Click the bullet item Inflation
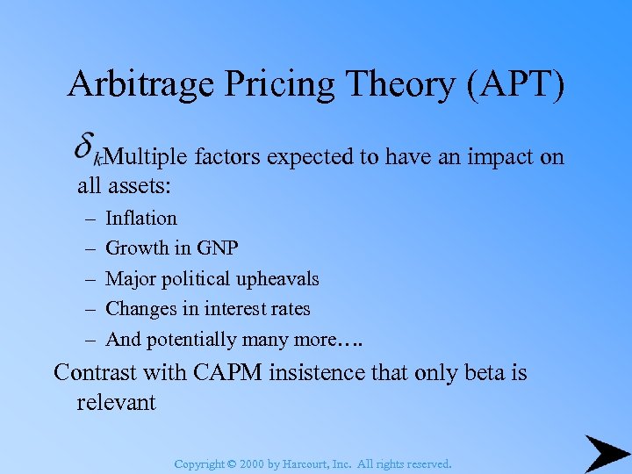141,218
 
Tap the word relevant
116,403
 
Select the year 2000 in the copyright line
252,463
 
